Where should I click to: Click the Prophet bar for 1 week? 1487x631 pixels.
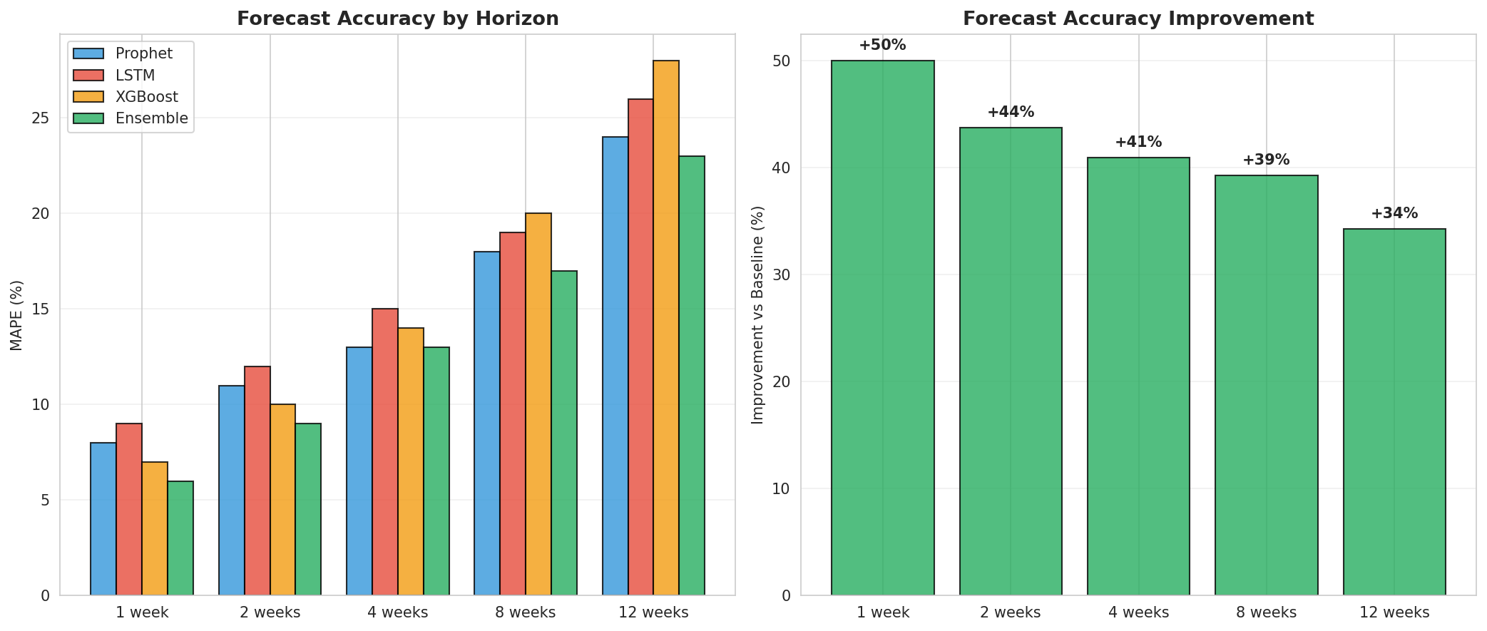103,519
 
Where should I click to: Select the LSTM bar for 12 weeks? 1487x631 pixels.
640,347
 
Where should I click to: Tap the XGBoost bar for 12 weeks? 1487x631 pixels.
666,328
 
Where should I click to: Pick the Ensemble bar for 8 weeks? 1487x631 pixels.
564,433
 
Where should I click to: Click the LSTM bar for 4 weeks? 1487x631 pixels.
385,452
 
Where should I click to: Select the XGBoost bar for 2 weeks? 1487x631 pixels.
282,500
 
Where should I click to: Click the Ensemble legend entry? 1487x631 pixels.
151,118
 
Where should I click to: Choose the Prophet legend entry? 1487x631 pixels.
143,53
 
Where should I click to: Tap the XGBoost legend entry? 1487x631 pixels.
146,97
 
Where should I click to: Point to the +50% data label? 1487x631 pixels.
882,46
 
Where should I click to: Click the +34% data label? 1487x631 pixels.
1394,214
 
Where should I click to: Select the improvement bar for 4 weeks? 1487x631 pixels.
1138,376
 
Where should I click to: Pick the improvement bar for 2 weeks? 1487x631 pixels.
1011,361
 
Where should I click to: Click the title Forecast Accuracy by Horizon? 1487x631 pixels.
397,19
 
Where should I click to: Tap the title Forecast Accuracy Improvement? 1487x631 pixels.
1138,19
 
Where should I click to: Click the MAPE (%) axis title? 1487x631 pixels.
17,315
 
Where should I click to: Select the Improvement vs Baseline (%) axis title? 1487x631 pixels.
758,315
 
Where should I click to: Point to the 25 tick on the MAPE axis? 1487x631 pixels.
41,118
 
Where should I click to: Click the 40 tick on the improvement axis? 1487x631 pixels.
782,168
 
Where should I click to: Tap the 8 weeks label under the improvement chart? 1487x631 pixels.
1266,612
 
